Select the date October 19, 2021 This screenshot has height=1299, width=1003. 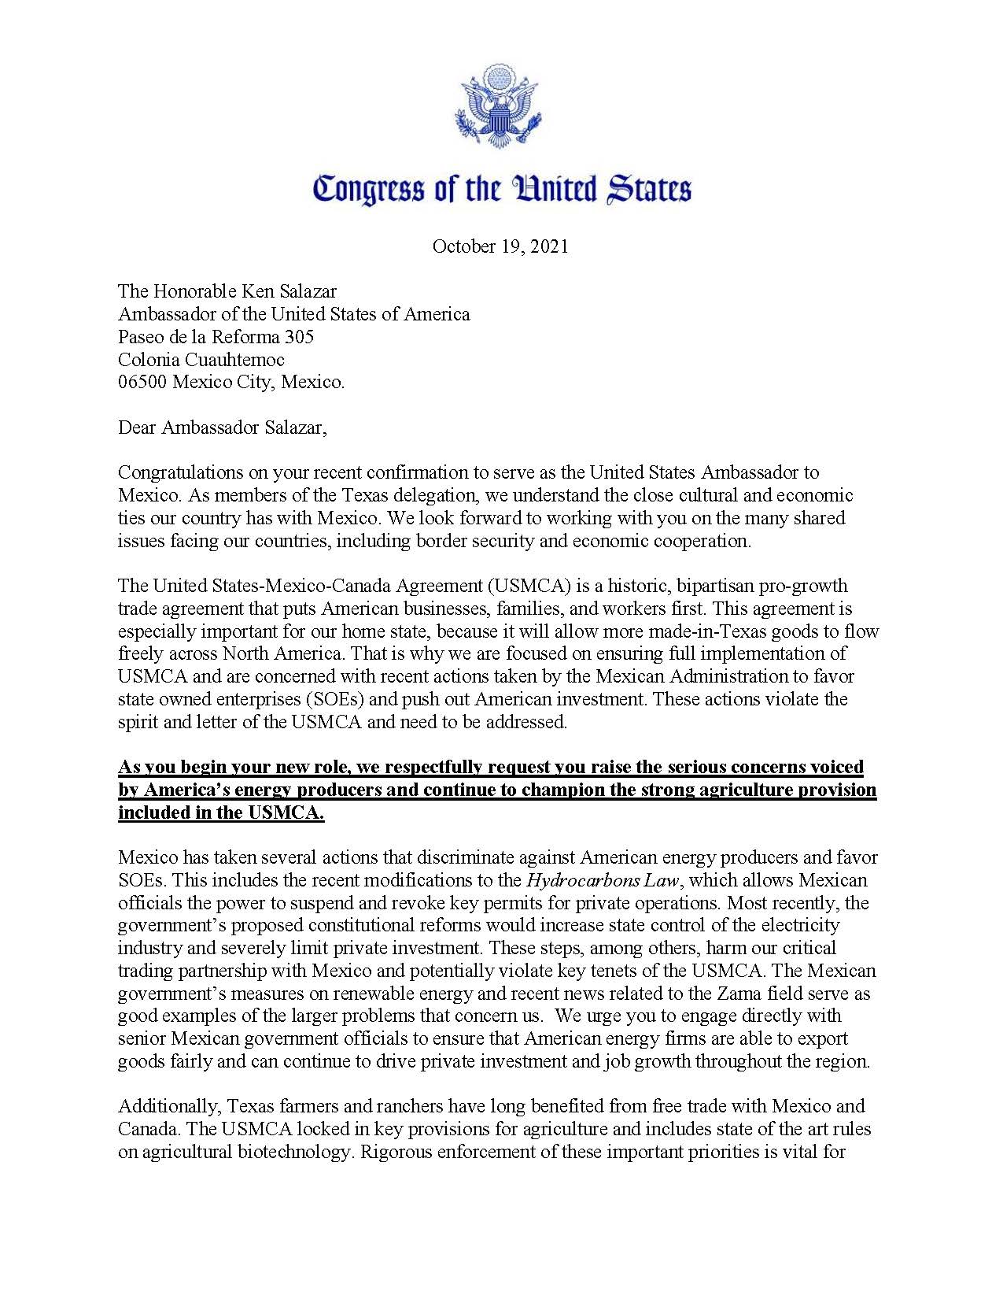coord(500,246)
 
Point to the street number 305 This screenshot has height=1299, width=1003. coord(299,337)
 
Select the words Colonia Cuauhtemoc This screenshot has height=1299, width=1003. coord(201,360)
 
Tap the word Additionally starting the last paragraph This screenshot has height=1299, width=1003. coord(169,1107)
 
